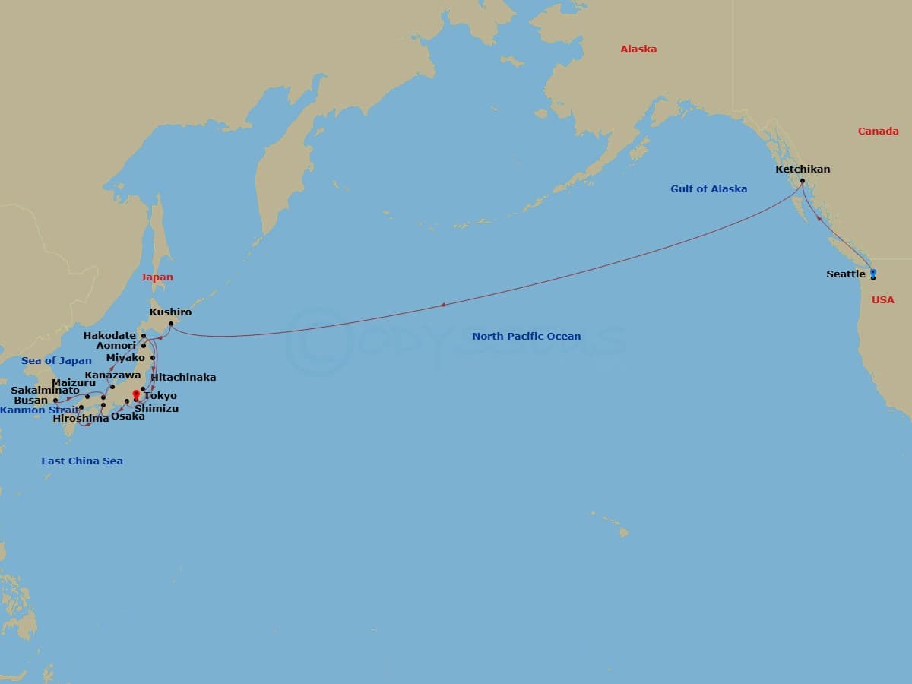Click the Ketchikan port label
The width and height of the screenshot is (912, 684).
point(803,169)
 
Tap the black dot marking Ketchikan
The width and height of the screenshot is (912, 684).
point(802,181)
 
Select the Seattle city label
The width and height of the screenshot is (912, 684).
point(846,274)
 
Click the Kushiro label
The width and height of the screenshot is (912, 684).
point(170,312)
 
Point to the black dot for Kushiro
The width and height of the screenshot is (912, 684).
point(171,325)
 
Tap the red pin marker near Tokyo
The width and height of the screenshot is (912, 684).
point(136,394)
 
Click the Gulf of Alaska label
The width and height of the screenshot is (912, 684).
point(708,188)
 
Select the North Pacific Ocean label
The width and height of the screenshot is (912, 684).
point(526,336)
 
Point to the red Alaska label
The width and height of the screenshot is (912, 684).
point(638,49)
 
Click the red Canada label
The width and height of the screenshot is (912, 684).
point(878,131)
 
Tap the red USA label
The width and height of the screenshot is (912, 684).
point(882,299)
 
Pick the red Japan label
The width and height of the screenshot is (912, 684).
point(157,277)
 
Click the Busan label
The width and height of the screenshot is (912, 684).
point(30,400)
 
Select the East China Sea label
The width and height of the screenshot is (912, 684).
point(82,461)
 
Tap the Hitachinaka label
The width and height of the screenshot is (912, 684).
point(183,377)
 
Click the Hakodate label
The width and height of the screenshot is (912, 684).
point(109,335)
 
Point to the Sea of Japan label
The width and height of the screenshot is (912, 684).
point(56,360)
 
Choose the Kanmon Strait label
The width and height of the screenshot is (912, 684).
point(40,410)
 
